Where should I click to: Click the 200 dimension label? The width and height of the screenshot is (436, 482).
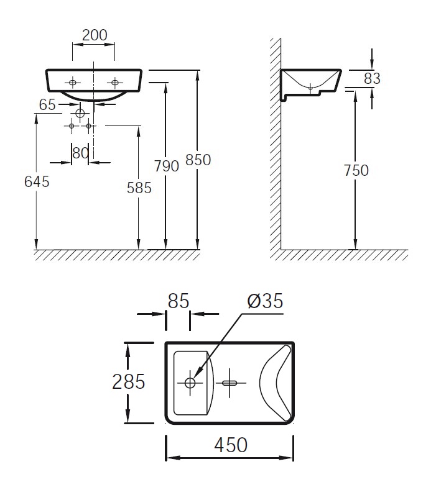[95, 35]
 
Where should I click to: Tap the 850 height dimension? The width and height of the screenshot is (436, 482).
[198, 160]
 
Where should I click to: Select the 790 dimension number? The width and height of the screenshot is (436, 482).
[167, 166]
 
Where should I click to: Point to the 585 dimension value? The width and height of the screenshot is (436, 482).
[139, 188]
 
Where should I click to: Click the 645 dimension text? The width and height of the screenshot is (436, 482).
[37, 181]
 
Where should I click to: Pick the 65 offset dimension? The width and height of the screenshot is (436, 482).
[47, 105]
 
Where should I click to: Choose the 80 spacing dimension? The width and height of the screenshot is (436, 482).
[80, 153]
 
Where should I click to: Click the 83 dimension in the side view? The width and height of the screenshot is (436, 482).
[372, 78]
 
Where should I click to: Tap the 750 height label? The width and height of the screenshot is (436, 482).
[356, 170]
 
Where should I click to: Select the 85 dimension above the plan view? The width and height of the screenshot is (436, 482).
[179, 301]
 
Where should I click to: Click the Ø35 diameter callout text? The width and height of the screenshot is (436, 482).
[265, 301]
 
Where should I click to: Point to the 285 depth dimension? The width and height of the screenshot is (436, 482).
[128, 382]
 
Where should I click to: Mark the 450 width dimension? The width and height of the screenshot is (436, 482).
[231, 445]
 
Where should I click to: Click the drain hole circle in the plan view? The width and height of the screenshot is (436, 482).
[190, 383]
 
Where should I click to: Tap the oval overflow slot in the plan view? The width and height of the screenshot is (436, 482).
[230, 383]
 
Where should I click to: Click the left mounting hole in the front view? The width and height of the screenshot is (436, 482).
[73, 83]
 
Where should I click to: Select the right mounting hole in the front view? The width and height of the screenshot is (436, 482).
[115, 83]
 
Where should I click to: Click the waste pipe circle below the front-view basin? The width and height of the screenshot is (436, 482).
[80, 113]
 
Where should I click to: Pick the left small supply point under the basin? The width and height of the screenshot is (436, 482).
[72, 125]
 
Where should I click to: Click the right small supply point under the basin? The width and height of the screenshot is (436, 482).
[89, 125]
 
